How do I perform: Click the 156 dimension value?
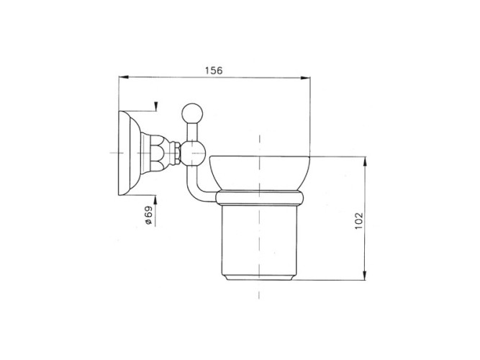[x=214, y=71]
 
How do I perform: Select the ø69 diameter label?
[x=148, y=215]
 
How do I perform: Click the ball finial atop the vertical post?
[x=192, y=113]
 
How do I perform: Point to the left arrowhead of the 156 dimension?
[x=123, y=77]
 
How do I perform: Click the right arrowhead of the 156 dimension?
[x=305, y=78]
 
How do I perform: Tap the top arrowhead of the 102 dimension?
[x=365, y=161]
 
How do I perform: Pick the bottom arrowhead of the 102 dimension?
[x=364, y=275]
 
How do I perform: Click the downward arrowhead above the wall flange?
[x=156, y=106]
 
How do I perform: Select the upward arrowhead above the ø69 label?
[x=155, y=199]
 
